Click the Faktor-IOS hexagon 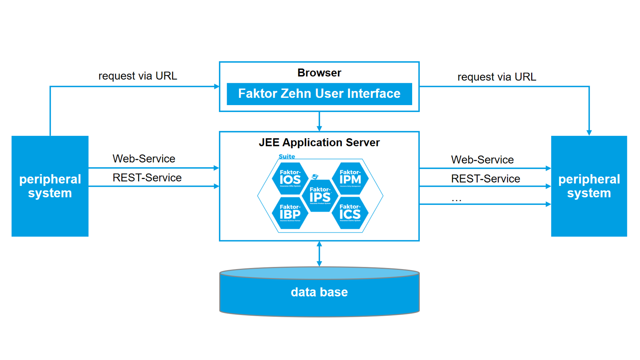click(x=290, y=178)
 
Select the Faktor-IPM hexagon click(x=350, y=178)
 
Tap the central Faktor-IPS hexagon click(x=320, y=196)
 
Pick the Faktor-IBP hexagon click(x=290, y=213)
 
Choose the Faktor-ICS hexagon click(x=350, y=213)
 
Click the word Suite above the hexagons click(x=287, y=156)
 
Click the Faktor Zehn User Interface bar click(x=319, y=94)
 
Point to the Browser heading click(x=319, y=73)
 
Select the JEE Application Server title click(x=319, y=142)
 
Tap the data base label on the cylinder click(x=319, y=292)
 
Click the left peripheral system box click(x=50, y=186)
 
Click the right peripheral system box click(x=589, y=186)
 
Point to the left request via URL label click(x=138, y=76)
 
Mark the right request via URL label click(x=496, y=77)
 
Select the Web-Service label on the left click(x=144, y=159)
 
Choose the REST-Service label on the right click(x=485, y=179)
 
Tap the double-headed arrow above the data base click(x=319, y=254)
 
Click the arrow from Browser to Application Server click(x=319, y=122)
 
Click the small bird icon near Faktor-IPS click(x=315, y=176)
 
